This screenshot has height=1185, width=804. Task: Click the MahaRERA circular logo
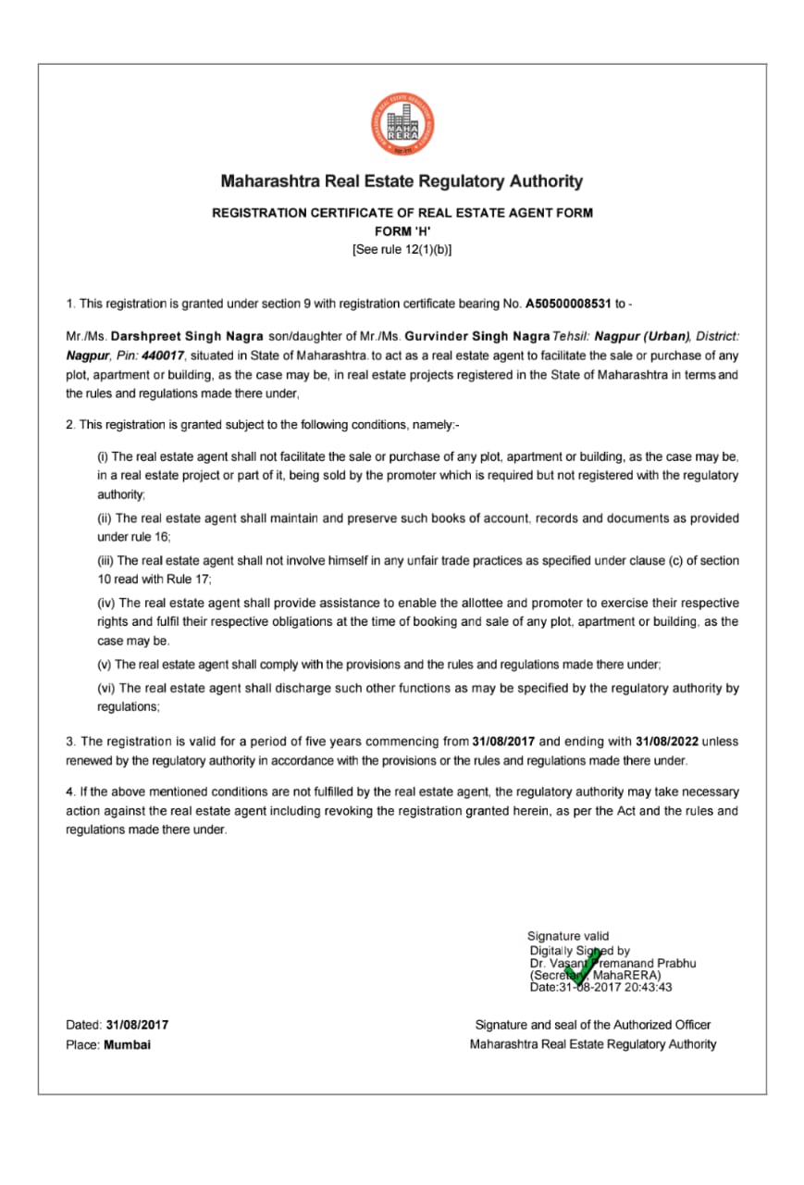(402, 124)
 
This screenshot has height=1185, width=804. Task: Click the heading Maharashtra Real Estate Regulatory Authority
(402, 181)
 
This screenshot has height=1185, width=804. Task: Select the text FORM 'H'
(402, 231)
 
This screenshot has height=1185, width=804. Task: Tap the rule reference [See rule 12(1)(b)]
(402, 250)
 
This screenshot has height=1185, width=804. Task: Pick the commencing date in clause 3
(503, 742)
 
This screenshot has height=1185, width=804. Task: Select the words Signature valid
(568, 936)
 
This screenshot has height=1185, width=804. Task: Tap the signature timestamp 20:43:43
(647, 987)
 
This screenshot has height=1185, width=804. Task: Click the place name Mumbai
(128, 1044)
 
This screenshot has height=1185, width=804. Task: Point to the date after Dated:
(137, 1025)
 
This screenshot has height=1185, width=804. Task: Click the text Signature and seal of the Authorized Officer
(592, 1025)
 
